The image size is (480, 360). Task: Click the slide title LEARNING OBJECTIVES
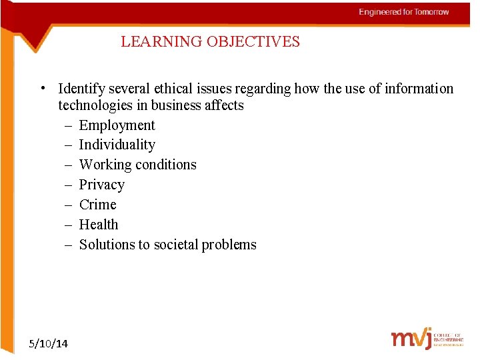click(x=210, y=42)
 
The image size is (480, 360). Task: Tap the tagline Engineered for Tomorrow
click(x=404, y=12)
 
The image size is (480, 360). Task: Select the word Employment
click(x=117, y=125)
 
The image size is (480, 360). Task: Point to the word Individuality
click(x=117, y=145)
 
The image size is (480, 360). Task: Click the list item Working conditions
click(x=137, y=165)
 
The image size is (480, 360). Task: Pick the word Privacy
click(x=101, y=185)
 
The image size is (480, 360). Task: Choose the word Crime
click(x=97, y=205)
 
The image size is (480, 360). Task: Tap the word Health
click(x=98, y=225)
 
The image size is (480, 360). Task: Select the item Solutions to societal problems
click(x=167, y=245)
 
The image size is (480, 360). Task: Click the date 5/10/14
click(x=49, y=343)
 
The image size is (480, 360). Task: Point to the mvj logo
click(x=411, y=339)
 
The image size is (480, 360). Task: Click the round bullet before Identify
click(x=42, y=88)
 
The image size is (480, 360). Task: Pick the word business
click(x=177, y=105)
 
